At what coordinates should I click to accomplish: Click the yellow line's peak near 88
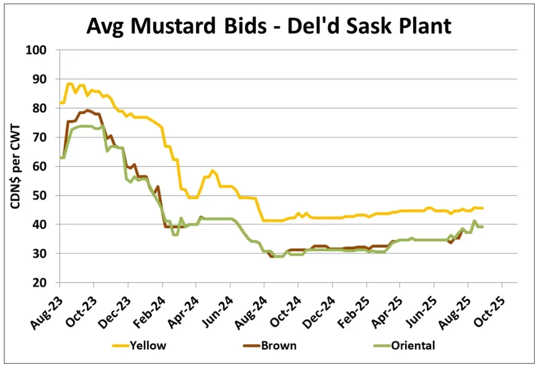click(x=69, y=84)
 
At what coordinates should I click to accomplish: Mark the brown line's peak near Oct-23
click(x=87, y=110)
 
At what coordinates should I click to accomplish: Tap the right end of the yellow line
click(x=483, y=208)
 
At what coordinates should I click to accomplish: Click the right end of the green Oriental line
click(x=483, y=227)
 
